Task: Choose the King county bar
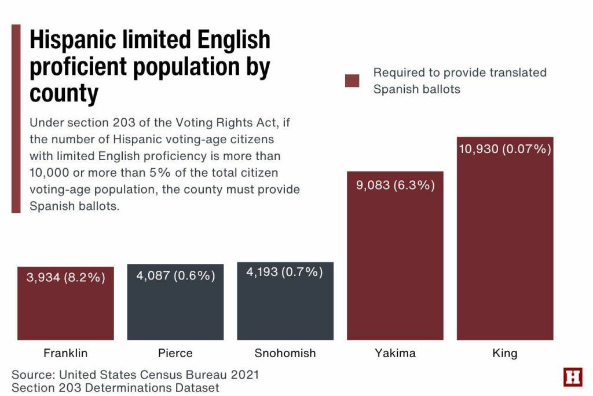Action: pyautogui.click(x=505, y=249)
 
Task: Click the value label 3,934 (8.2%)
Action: pyautogui.click(x=65, y=278)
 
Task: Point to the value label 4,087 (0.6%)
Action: pyautogui.click(x=175, y=275)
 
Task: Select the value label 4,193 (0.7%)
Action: pyautogui.click(x=285, y=272)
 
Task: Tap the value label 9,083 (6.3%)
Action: pyautogui.click(x=396, y=186)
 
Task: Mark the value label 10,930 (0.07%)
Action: pyautogui.click(x=505, y=149)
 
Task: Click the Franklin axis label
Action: pyautogui.click(x=65, y=353)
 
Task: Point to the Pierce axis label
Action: pyautogui.click(x=175, y=353)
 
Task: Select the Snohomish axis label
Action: pyautogui.click(x=285, y=353)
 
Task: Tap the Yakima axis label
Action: pyautogui.click(x=395, y=353)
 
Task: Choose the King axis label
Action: pyautogui.click(x=505, y=353)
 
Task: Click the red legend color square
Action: pyautogui.click(x=352, y=81)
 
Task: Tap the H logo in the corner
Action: pyautogui.click(x=573, y=377)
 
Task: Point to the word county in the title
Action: pyautogui.click(x=64, y=93)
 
